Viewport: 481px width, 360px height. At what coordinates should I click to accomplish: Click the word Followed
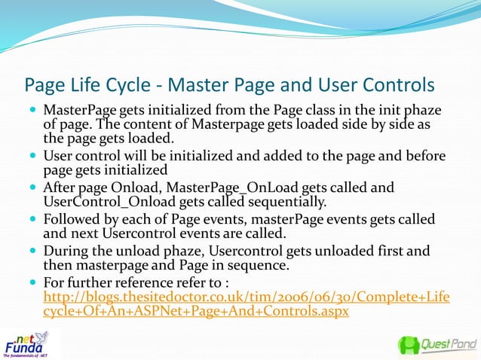[x=72, y=218]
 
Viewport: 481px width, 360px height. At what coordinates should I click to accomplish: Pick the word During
[x=65, y=250]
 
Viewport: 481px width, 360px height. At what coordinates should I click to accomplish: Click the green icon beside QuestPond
[x=409, y=345]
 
